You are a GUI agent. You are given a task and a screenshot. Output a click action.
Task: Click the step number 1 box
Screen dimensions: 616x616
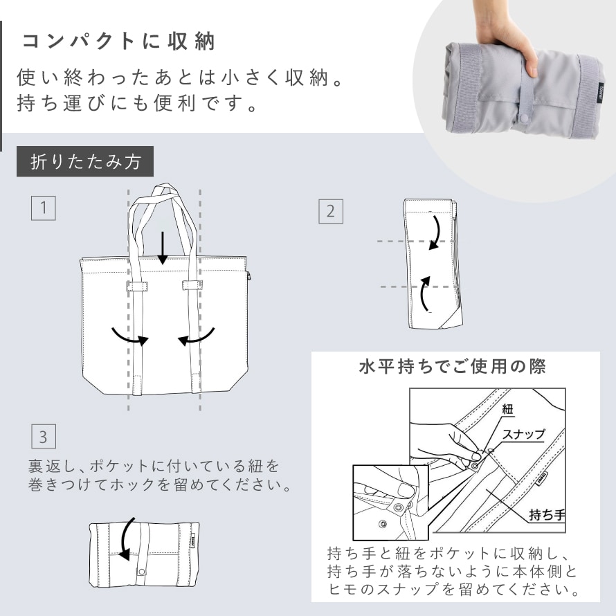43,208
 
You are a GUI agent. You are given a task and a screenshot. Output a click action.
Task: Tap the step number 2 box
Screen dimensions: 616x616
330,211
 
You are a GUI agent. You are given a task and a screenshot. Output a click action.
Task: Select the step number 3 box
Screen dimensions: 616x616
43,436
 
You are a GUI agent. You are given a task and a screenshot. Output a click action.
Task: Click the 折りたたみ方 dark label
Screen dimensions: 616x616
85,161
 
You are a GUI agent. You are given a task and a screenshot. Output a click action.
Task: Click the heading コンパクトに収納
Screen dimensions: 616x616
118,42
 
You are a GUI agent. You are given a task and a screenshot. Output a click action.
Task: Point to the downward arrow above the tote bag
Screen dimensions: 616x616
163,248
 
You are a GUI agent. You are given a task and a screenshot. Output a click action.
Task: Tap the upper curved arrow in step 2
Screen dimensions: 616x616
436,233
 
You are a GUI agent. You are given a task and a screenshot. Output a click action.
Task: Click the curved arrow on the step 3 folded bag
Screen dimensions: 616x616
125,539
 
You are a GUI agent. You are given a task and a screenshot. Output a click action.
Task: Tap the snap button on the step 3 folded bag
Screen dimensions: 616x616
142,571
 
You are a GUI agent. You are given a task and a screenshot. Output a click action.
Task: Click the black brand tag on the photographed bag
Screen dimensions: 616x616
600,94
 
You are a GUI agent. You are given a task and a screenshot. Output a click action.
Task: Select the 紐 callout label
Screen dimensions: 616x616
507,409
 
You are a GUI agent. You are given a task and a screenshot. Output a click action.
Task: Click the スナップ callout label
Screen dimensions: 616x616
524,434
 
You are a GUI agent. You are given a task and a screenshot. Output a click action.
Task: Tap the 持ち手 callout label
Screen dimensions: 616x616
547,514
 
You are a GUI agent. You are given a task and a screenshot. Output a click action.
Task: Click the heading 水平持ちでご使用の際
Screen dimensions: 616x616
453,367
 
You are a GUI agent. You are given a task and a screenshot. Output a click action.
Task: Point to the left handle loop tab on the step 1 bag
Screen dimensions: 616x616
137,286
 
